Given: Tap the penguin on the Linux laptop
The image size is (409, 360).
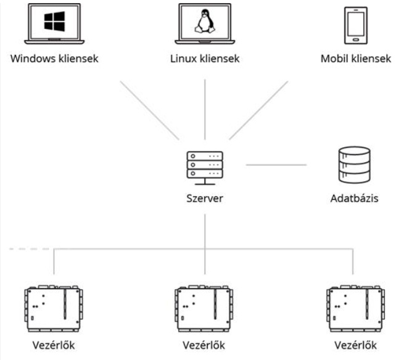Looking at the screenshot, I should click(x=205, y=23).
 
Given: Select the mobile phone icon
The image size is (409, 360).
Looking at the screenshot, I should click(x=355, y=25).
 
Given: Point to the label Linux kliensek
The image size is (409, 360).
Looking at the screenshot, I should click(x=205, y=60).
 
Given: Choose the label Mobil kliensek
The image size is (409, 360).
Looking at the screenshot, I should click(x=356, y=60).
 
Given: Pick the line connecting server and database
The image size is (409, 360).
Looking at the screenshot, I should click(x=276, y=165).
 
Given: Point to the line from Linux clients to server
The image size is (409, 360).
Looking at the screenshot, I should click(x=205, y=108).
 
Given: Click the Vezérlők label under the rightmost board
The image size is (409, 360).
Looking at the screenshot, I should click(x=354, y=344).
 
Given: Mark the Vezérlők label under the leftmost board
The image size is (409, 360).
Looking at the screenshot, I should click(x=54, y=344).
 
